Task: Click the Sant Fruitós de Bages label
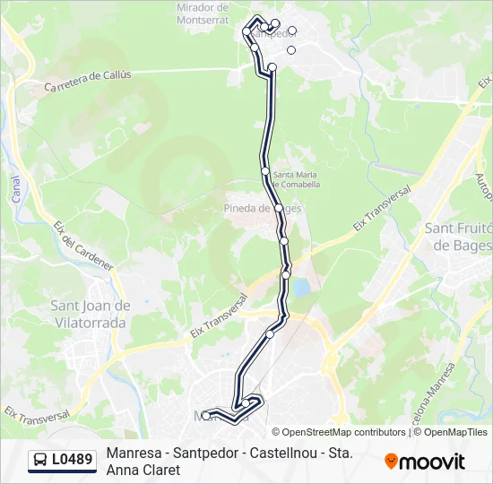coord(458,237)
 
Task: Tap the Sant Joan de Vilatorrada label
coord(90,313)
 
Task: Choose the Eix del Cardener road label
coord(83,246)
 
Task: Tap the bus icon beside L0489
coord(40,461)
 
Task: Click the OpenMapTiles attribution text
coord(454,432)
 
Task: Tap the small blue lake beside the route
coord(301,288)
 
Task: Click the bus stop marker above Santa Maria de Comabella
coord(265,170)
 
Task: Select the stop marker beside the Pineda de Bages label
coord(279,208)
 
